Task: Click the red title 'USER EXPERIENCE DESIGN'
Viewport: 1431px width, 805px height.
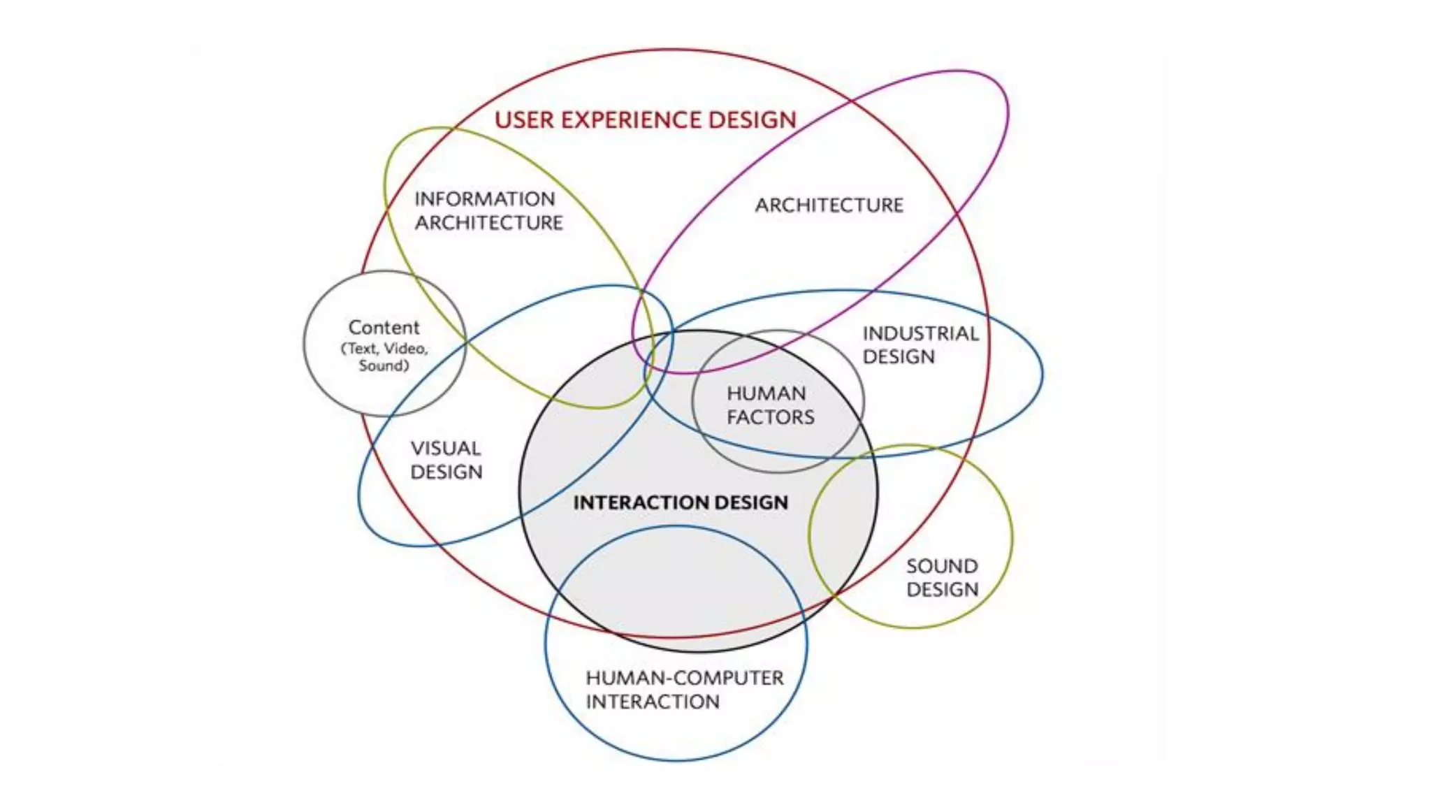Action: point(645,120)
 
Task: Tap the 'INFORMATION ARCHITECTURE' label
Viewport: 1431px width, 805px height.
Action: point(488,211)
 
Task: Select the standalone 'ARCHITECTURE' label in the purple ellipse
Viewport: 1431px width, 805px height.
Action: point(829,205)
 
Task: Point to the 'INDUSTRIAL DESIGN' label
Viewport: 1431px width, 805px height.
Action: point(920,345)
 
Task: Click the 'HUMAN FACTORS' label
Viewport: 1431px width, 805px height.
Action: point(770,405)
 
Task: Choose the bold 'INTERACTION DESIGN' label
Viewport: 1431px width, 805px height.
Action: point(681,502)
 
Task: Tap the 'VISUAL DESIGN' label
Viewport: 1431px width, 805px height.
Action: point(446,460)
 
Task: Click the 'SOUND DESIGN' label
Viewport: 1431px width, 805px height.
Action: point(942,578)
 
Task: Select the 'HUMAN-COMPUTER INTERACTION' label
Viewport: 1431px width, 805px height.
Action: point(684,690)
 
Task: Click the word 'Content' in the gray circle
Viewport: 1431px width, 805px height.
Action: point(384,327)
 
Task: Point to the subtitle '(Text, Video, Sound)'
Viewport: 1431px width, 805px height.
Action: point(384,357)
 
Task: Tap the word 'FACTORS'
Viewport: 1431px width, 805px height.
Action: point(770,417)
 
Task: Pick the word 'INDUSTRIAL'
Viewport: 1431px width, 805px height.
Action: point(920,333)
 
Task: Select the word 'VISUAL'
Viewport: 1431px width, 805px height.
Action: point(446,449)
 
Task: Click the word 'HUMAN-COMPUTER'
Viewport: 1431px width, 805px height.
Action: point(684,678)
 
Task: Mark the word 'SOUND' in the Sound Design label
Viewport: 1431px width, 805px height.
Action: point(942,566)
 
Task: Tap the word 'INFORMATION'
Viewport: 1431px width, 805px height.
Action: point(485,199)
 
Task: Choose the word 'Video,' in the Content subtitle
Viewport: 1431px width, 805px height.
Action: point(406,348)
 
